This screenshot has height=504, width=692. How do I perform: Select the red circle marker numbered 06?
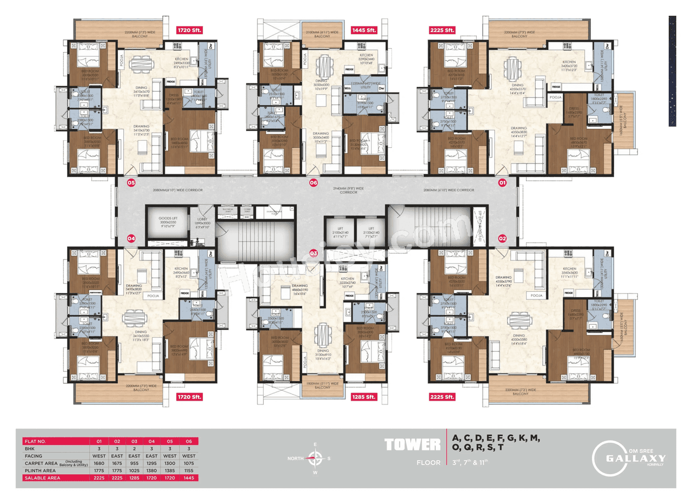[x=314, y=183]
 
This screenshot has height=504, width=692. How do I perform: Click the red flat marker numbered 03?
[x=314, y=253]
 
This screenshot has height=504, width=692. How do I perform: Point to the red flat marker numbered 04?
[x=130, y=238]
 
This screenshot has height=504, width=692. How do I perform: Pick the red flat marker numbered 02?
[x=502, y=238]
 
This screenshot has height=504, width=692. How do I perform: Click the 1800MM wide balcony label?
[x=322, y=385]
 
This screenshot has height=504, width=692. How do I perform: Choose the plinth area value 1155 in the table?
[x=189, y=470]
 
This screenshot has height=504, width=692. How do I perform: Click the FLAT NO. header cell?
[x=36, y=441]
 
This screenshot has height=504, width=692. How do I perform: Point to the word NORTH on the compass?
[x=296, y=458]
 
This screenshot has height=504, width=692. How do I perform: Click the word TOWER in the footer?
[x=412, y=446]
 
